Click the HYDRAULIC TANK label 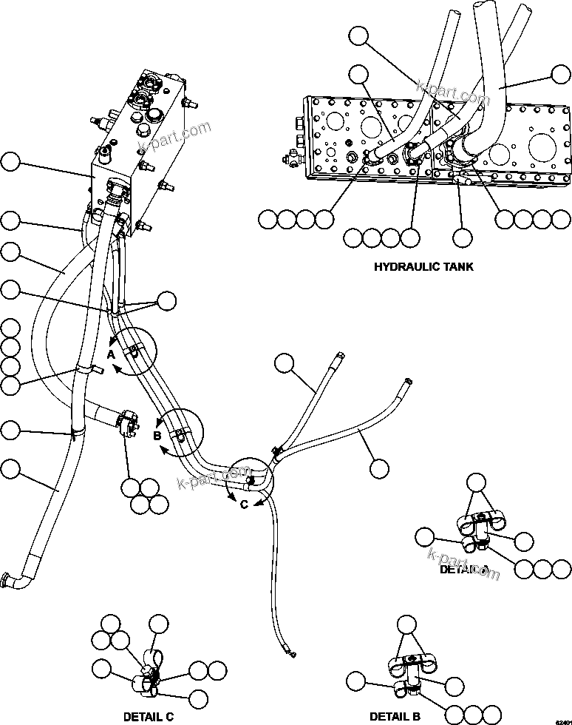tap(423, 266)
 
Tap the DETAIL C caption tap(149, 716)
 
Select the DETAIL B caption tap(395, 716)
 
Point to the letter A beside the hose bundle tap(110, 354)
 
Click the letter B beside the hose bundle tap(157, 436)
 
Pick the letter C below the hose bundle tap(244, 505)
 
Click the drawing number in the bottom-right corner tap(563, 718)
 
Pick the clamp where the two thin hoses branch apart tap(276, 451)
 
